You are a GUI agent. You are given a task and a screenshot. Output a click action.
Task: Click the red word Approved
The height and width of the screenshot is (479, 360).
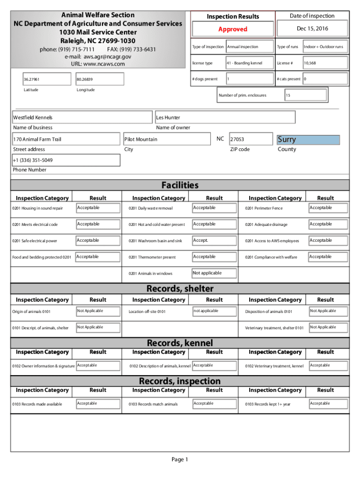pos(232,29)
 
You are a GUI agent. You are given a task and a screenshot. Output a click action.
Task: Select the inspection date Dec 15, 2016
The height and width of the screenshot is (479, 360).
pos(312,29)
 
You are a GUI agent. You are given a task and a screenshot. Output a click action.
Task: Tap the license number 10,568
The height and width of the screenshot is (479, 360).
pos(310,63)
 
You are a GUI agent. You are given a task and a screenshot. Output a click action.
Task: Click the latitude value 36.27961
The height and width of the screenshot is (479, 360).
pos(32,80)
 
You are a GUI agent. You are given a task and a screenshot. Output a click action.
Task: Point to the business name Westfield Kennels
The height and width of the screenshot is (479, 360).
pos(33,117)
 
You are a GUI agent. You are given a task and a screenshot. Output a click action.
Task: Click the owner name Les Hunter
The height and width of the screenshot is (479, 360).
pos(168,117)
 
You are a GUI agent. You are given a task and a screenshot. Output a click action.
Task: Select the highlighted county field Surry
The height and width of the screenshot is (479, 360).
pos(287,139)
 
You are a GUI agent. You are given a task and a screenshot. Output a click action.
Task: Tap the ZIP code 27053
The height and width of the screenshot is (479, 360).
pos(237,139)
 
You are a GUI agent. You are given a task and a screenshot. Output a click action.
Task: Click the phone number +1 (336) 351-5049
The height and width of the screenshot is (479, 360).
pos(33,160)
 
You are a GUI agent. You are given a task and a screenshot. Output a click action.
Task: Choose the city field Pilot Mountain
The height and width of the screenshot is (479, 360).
pos(141,139)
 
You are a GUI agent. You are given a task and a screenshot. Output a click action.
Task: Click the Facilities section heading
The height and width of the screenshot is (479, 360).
pos(180,185)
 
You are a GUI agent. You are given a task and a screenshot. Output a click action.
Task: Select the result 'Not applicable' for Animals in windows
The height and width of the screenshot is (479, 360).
pos(207,273)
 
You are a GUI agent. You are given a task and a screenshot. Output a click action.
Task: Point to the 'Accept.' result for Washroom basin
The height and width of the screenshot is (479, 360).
pos(201,240)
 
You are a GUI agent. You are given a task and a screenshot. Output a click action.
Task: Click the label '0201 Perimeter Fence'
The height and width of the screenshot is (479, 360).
pos(264,208)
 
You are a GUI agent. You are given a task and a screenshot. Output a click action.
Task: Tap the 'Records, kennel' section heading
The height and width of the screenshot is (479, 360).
pos(180,343)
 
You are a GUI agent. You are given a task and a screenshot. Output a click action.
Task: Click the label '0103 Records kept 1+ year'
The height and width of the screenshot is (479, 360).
pos(267,404)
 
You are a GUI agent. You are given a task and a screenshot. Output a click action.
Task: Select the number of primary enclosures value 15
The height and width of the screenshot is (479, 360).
pos(288,95)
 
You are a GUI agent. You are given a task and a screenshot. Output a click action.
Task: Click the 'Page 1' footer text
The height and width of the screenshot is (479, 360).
pos(180,460)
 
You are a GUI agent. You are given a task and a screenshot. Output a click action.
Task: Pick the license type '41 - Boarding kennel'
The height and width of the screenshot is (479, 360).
pos(244,63)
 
